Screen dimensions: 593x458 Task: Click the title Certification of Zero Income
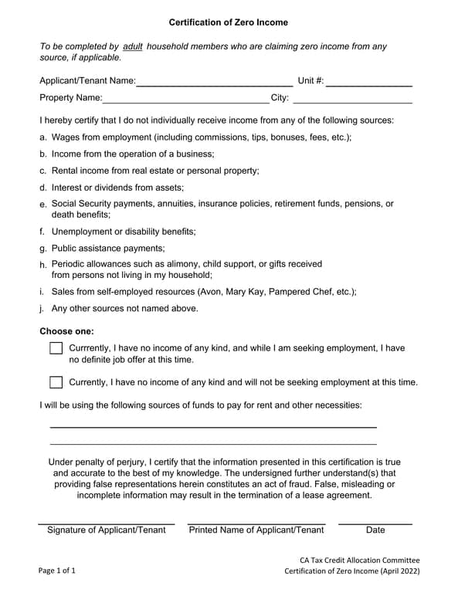click(229, 22)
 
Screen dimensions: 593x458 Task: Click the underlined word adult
click(133, 46)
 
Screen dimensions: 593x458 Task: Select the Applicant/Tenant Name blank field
click(214, 80)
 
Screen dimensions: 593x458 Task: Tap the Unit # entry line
click(368, 80)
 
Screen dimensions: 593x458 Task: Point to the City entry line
click(352, 97)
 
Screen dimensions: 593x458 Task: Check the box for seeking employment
click(56, 348)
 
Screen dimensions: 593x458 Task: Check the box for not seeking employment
click(56, 382)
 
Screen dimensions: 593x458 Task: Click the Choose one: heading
click(66, 331)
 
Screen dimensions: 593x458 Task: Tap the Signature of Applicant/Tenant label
click(107, 530)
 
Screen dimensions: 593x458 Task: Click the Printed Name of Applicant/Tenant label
click(256, 530)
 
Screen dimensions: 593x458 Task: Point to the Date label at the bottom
click(375, 530)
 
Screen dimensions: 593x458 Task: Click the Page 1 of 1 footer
click(57, 571)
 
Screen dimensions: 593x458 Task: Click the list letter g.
click(43, 249)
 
